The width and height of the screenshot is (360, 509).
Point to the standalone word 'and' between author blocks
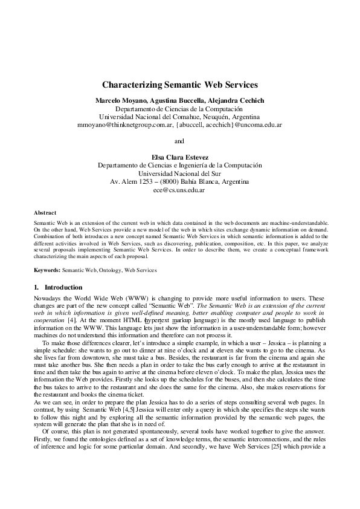pyautogui.click(x=179, y=142)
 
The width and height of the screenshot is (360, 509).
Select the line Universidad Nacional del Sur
pyautogui.click(x=179, y=173)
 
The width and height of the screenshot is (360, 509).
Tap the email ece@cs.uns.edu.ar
pyautogui.click(x=179, y=190)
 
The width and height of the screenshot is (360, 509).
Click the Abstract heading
pyautogui.click(x=45, y=213)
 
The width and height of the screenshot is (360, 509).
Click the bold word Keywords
pyautogui.click(x=47, y=270)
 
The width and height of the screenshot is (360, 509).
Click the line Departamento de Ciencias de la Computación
pyautogui.click(x=179, y=108)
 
